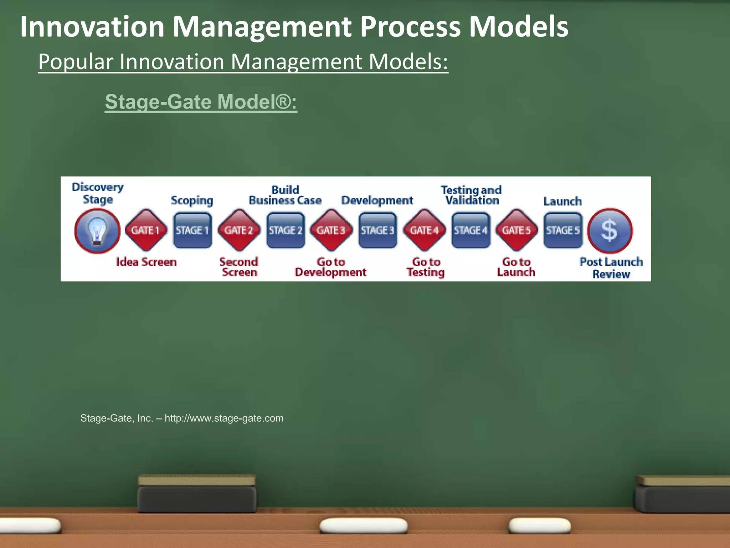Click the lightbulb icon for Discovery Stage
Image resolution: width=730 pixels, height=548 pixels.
point(97,231)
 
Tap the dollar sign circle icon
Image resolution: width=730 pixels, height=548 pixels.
point(610,231)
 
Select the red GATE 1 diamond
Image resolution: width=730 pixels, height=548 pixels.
point(145,230)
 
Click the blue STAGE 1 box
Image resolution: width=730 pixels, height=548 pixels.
point(192,230)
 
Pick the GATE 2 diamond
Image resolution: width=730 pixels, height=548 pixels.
point(239,230)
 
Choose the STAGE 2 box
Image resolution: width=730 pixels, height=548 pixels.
point(286,230)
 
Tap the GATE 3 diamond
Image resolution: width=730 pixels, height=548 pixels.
point(331,230)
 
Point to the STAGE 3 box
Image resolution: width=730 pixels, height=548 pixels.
point(378,230)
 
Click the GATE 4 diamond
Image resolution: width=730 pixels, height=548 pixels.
point(424,230)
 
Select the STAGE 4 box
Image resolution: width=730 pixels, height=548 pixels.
point(471,230)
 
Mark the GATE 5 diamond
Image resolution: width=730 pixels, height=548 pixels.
point(516,230)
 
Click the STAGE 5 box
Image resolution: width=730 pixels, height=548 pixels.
point(563,230)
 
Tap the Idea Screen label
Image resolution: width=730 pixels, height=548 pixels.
point(146,262)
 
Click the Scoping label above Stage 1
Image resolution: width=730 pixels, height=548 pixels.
point(192,201)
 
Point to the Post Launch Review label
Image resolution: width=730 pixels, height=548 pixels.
point(611,268)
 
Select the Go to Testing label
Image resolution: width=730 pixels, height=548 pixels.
point(426,267)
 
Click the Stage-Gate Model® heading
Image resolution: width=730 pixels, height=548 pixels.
point(201,102)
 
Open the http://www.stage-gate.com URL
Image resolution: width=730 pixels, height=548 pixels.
point(224,418)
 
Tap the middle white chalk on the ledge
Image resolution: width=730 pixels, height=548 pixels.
point(363,526)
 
